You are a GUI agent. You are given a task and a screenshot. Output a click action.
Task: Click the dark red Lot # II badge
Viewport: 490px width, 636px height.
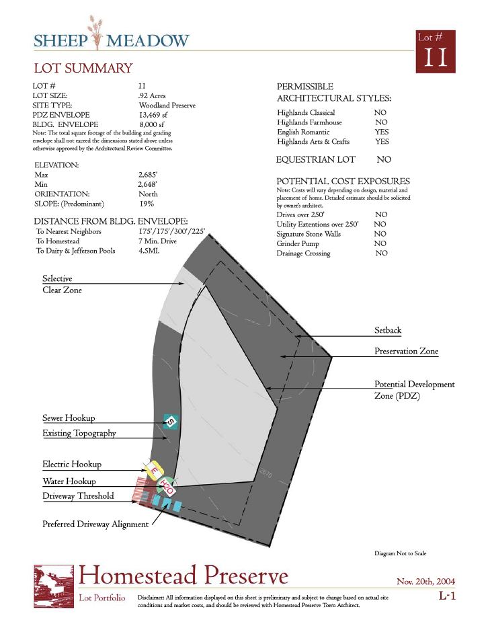click(436, 52)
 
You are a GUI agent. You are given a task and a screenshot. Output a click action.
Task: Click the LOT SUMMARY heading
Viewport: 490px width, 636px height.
click(83, 68)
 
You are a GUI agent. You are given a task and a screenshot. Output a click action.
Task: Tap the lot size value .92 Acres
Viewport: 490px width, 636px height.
click(152, 96)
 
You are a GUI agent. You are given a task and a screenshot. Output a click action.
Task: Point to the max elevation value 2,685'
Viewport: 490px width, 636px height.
click(149, 175)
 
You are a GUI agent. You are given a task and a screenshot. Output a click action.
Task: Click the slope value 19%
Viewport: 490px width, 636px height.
click(147, 203)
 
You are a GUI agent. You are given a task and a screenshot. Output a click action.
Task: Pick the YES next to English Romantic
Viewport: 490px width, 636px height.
click(381, 132)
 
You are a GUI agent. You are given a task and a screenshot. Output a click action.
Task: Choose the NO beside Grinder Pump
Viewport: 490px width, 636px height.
click(380, 243)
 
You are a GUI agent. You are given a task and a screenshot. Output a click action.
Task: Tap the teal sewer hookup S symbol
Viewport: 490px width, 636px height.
click(171, 422)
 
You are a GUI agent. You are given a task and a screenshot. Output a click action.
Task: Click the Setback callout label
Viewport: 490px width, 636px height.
click(388, 331)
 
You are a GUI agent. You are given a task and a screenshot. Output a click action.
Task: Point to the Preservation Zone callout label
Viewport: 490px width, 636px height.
click(406, 351)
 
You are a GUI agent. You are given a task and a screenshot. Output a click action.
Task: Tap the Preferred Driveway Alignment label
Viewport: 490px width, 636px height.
click(95, 524)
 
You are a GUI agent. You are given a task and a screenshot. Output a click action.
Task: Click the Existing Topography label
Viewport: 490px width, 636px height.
click(79, 433)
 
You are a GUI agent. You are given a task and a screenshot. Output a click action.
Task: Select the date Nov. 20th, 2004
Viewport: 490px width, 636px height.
click(427, 581)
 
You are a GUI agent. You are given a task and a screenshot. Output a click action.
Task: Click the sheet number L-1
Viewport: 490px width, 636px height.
click(448, 596)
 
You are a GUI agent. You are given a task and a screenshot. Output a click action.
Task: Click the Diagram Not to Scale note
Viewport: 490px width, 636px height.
click(401, 553)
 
